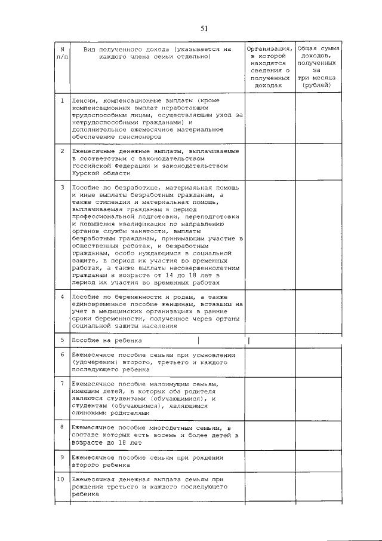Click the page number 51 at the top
click(204, 28)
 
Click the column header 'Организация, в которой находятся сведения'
click(269, 66)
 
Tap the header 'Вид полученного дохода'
click(157, 53)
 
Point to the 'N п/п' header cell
click(62, 53)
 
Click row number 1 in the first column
click(62, 100)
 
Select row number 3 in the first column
click(62, 187)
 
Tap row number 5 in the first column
click(62, 340)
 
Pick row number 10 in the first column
click(61, 479)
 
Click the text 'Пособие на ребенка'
click(107, 340)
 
